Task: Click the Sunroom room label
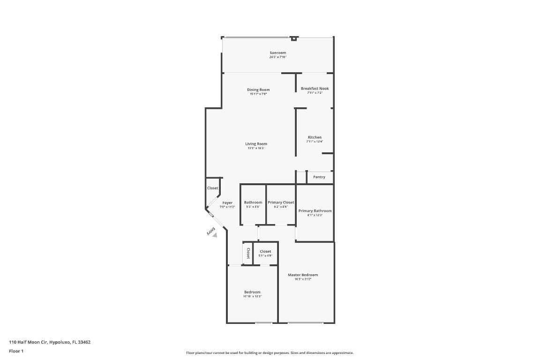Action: (277, 52)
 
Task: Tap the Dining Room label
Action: (258, 90)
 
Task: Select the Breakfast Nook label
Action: (315, 88)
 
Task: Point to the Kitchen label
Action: (315, 137)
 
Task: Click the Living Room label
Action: (256, 144)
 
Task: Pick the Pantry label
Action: (319, 177)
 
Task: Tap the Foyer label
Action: (227, 202)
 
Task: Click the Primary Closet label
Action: (281, 202)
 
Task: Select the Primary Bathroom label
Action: (315, 210)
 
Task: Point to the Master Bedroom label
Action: (303, 275)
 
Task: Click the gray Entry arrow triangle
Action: (215, 235)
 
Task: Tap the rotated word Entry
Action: (210, 231)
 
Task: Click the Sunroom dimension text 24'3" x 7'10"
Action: (277, 57)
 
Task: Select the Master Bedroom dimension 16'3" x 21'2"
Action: (303, 279)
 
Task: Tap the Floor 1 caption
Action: (16, 351)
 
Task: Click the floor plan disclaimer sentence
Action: (270, 353)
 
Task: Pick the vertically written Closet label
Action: (248, 253)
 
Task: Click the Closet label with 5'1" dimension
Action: (265, 251)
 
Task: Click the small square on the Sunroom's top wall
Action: (294, 38)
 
